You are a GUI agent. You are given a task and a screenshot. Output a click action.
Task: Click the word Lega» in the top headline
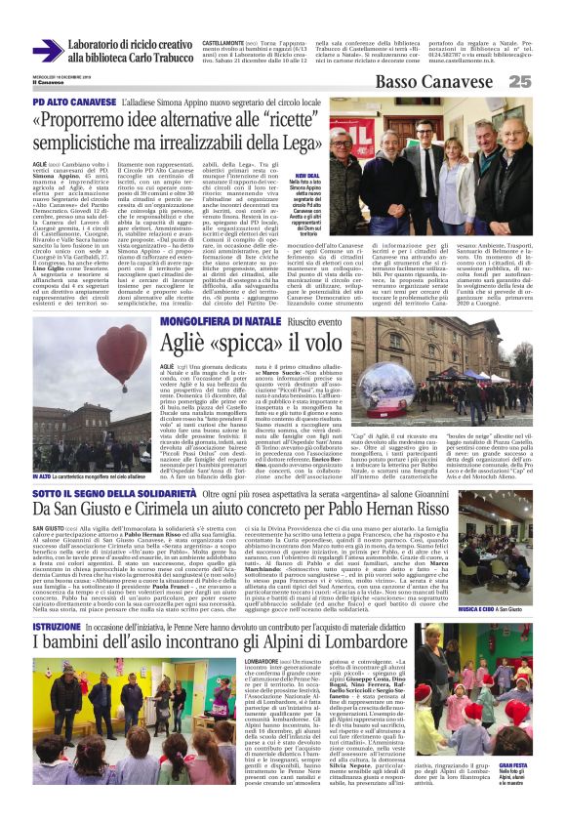304,143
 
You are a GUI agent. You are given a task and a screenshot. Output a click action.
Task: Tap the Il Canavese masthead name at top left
45,81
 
